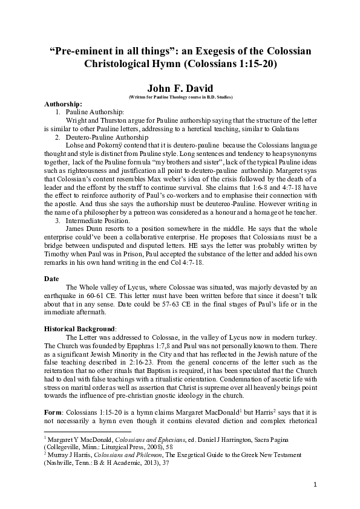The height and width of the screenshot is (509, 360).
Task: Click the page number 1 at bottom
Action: coord(315,484)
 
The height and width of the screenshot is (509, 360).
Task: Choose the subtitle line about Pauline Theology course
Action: coord(180,97)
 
